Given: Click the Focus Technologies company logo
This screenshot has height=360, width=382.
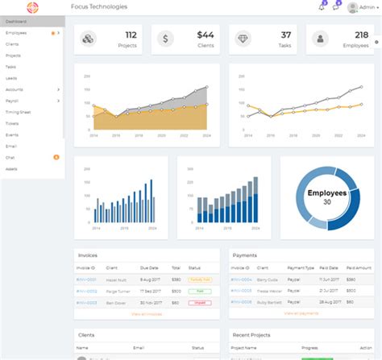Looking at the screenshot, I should pyautogui.click(x=31, y=7).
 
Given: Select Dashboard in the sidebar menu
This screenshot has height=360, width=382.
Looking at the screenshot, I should pyautogui.click(x=16, y=21).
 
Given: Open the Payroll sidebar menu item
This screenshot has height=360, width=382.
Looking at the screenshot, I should pyautogui.click(x=12, y=101).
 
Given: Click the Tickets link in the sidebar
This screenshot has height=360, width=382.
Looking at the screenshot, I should pyautogui.click(x=12, y=124).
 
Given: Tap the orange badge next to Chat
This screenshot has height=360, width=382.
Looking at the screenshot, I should pyautogui.click(x=56, y=157).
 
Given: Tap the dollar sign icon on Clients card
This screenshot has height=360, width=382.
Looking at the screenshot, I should pyautogui.click(x=164, y=39).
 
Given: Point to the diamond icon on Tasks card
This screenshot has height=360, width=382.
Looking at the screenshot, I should pyautogui.click(x=242, y=39).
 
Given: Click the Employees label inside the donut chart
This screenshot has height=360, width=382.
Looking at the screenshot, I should pyautogui.click(x=326, y=193).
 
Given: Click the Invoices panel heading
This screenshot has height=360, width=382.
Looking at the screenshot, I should pyautogui.click(x=88, y=255).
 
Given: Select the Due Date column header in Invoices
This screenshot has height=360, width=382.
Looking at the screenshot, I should pyautogui.click(x=150, y=267).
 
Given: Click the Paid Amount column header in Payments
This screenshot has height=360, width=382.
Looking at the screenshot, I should pyautogui.click(x=359, y=267).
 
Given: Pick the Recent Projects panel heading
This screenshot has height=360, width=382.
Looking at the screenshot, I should pyautogui.click(x=252, y=334).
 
